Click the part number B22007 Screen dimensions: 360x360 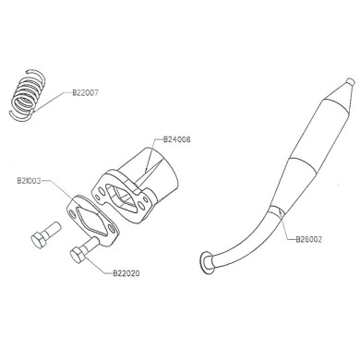pyautogui.click(x=88, y=93)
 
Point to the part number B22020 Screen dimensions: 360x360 pyautogui.click(x=127, y=273)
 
